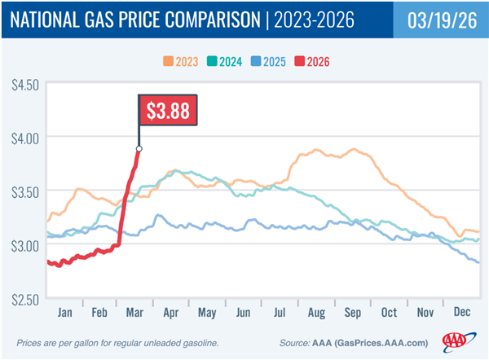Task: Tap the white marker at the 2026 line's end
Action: pos(139,148)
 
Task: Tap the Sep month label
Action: pos(354,314)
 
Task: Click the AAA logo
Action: pos(457,341)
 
